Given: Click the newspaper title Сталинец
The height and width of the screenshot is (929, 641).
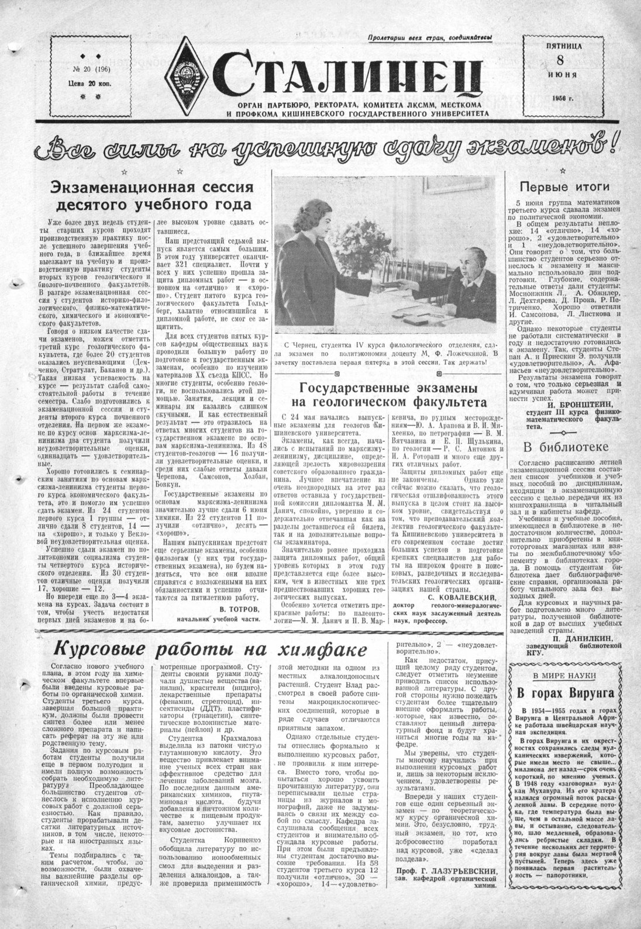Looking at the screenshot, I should point(351,74).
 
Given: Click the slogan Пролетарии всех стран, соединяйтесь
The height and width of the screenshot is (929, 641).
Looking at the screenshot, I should point(430,39).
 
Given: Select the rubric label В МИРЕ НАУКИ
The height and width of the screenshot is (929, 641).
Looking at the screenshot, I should point(564,675).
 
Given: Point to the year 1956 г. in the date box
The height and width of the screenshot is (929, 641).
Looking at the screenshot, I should point(561,98).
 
